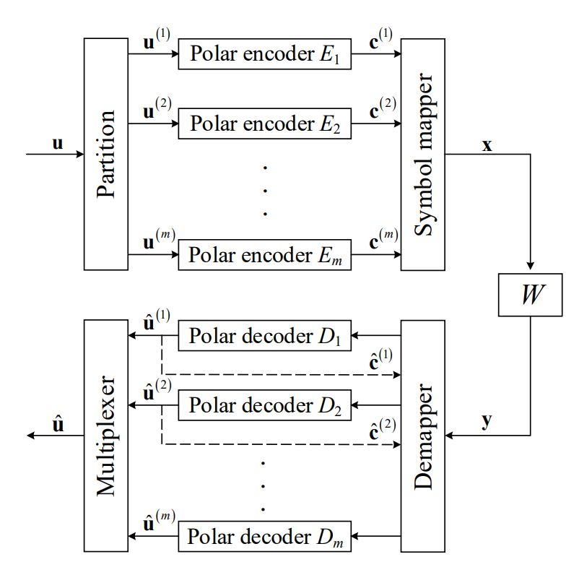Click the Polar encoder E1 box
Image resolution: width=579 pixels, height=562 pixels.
265,54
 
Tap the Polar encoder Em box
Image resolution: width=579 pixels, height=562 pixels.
265,255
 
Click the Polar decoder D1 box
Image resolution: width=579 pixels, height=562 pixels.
265,336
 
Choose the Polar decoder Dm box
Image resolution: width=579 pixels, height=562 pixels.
265,536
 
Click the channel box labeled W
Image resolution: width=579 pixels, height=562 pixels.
530,296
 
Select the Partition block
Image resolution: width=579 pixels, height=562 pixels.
105,154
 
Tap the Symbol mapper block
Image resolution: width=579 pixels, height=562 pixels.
423,154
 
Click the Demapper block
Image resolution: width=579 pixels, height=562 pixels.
423,436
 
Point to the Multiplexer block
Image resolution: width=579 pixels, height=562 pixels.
105,436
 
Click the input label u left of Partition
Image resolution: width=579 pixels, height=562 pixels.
58,143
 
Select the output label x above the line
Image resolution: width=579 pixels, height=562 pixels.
487,145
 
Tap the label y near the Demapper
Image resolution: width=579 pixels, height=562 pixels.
487,422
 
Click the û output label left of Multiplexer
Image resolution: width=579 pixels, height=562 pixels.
58,424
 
